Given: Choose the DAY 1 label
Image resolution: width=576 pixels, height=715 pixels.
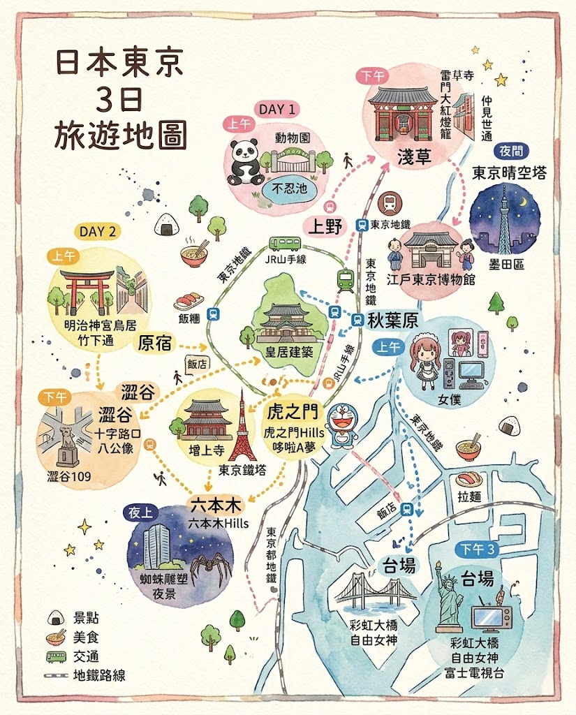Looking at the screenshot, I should pyautogui.click(x=277, y=109).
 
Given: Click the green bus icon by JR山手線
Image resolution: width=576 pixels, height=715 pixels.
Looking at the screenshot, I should pyautogui.click(x=285, y=244).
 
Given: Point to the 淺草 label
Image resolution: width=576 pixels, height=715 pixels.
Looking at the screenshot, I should pyautogui.click(x=404, y=157).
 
